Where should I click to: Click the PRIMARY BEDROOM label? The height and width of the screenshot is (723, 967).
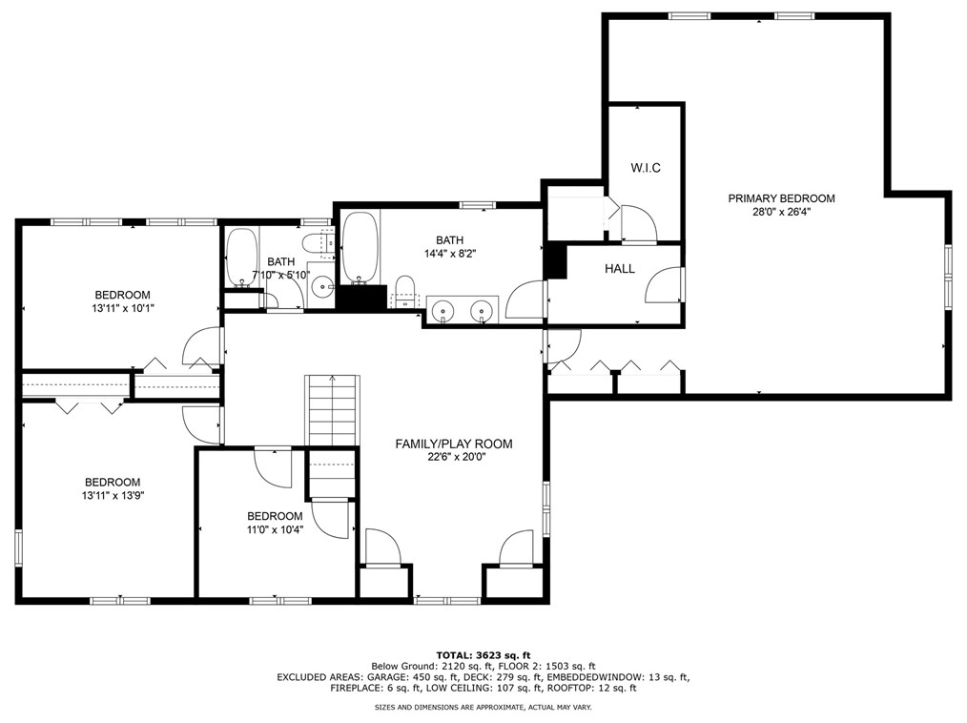click(781, 198)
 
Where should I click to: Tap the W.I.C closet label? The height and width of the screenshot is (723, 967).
click(646, 168)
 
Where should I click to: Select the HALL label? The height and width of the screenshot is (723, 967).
click(620, 269)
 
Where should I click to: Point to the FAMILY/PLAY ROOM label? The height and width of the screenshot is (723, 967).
click(454, 444)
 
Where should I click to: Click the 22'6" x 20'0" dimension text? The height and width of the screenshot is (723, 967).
click(454, 458)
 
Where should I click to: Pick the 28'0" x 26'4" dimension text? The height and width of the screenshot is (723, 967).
click(781, 212)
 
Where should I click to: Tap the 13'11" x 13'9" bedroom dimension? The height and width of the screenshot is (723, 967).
click(113, 495)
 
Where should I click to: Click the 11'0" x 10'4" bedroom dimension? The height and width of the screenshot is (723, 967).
click(275, 529)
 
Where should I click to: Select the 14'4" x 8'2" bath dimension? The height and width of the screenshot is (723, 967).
click(449, 253)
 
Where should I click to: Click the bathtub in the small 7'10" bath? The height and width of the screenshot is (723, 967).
click(242, 258)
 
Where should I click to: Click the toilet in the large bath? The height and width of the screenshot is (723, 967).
click(404, 292)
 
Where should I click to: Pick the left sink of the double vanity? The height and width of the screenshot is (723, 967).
click(442, 310)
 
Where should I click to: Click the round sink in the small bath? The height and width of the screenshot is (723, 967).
click(321, 287)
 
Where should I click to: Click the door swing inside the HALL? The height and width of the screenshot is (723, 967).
click(664, 284)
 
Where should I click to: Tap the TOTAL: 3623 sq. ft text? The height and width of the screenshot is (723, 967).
click(483, 655)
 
